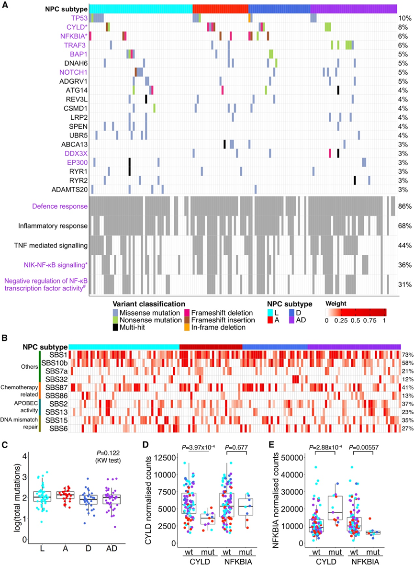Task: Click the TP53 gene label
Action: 79,18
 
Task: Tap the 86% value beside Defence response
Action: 404,206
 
